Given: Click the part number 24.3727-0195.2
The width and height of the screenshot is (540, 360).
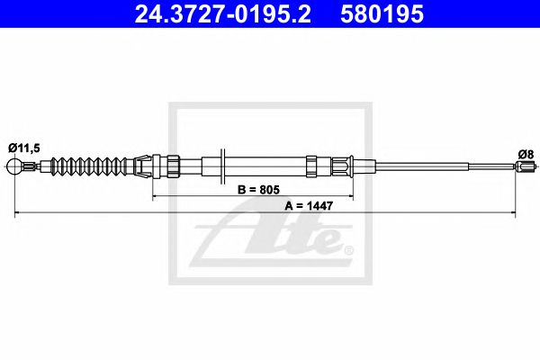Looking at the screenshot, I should (217, 15).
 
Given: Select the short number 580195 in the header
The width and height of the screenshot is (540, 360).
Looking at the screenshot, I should (379, 15).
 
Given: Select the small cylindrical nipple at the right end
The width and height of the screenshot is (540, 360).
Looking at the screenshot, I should (522, 166).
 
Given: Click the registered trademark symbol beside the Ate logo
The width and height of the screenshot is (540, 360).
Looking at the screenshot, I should (349, 247).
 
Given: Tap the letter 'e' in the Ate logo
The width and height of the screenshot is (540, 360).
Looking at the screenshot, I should (325, 240).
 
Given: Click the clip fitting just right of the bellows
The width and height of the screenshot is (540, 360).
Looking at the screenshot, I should (142, 166).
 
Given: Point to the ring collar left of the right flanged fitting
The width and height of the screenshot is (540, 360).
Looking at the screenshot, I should (311, 166).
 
